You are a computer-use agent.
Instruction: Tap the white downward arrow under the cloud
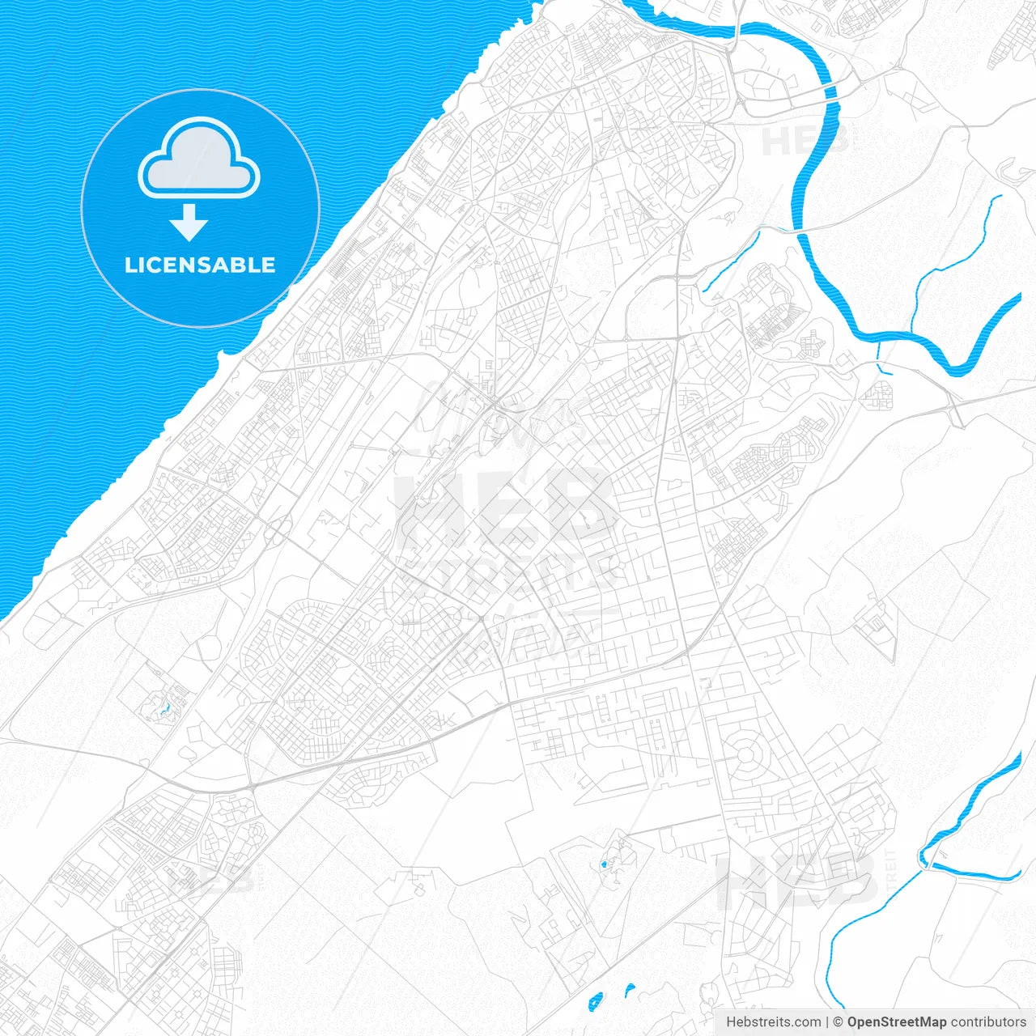click(x=189, y=223)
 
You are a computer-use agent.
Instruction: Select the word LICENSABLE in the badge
click(x=200, y=265)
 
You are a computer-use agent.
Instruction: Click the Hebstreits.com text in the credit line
click(x=773, y=1022)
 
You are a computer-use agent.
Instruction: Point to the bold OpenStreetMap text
click(x=896, y=1022)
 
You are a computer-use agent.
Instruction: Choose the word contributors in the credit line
click(x=988, y=1022)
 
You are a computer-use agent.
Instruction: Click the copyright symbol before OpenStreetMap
click(x=839, y=1022)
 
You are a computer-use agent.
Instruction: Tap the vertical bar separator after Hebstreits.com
click(x=827, y=1022)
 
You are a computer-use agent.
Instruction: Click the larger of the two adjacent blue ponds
click(x=596, y=1001)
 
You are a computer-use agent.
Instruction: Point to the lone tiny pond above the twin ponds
click(x=603, y=866)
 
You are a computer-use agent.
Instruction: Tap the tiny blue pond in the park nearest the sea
click(x=166, y=709)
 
